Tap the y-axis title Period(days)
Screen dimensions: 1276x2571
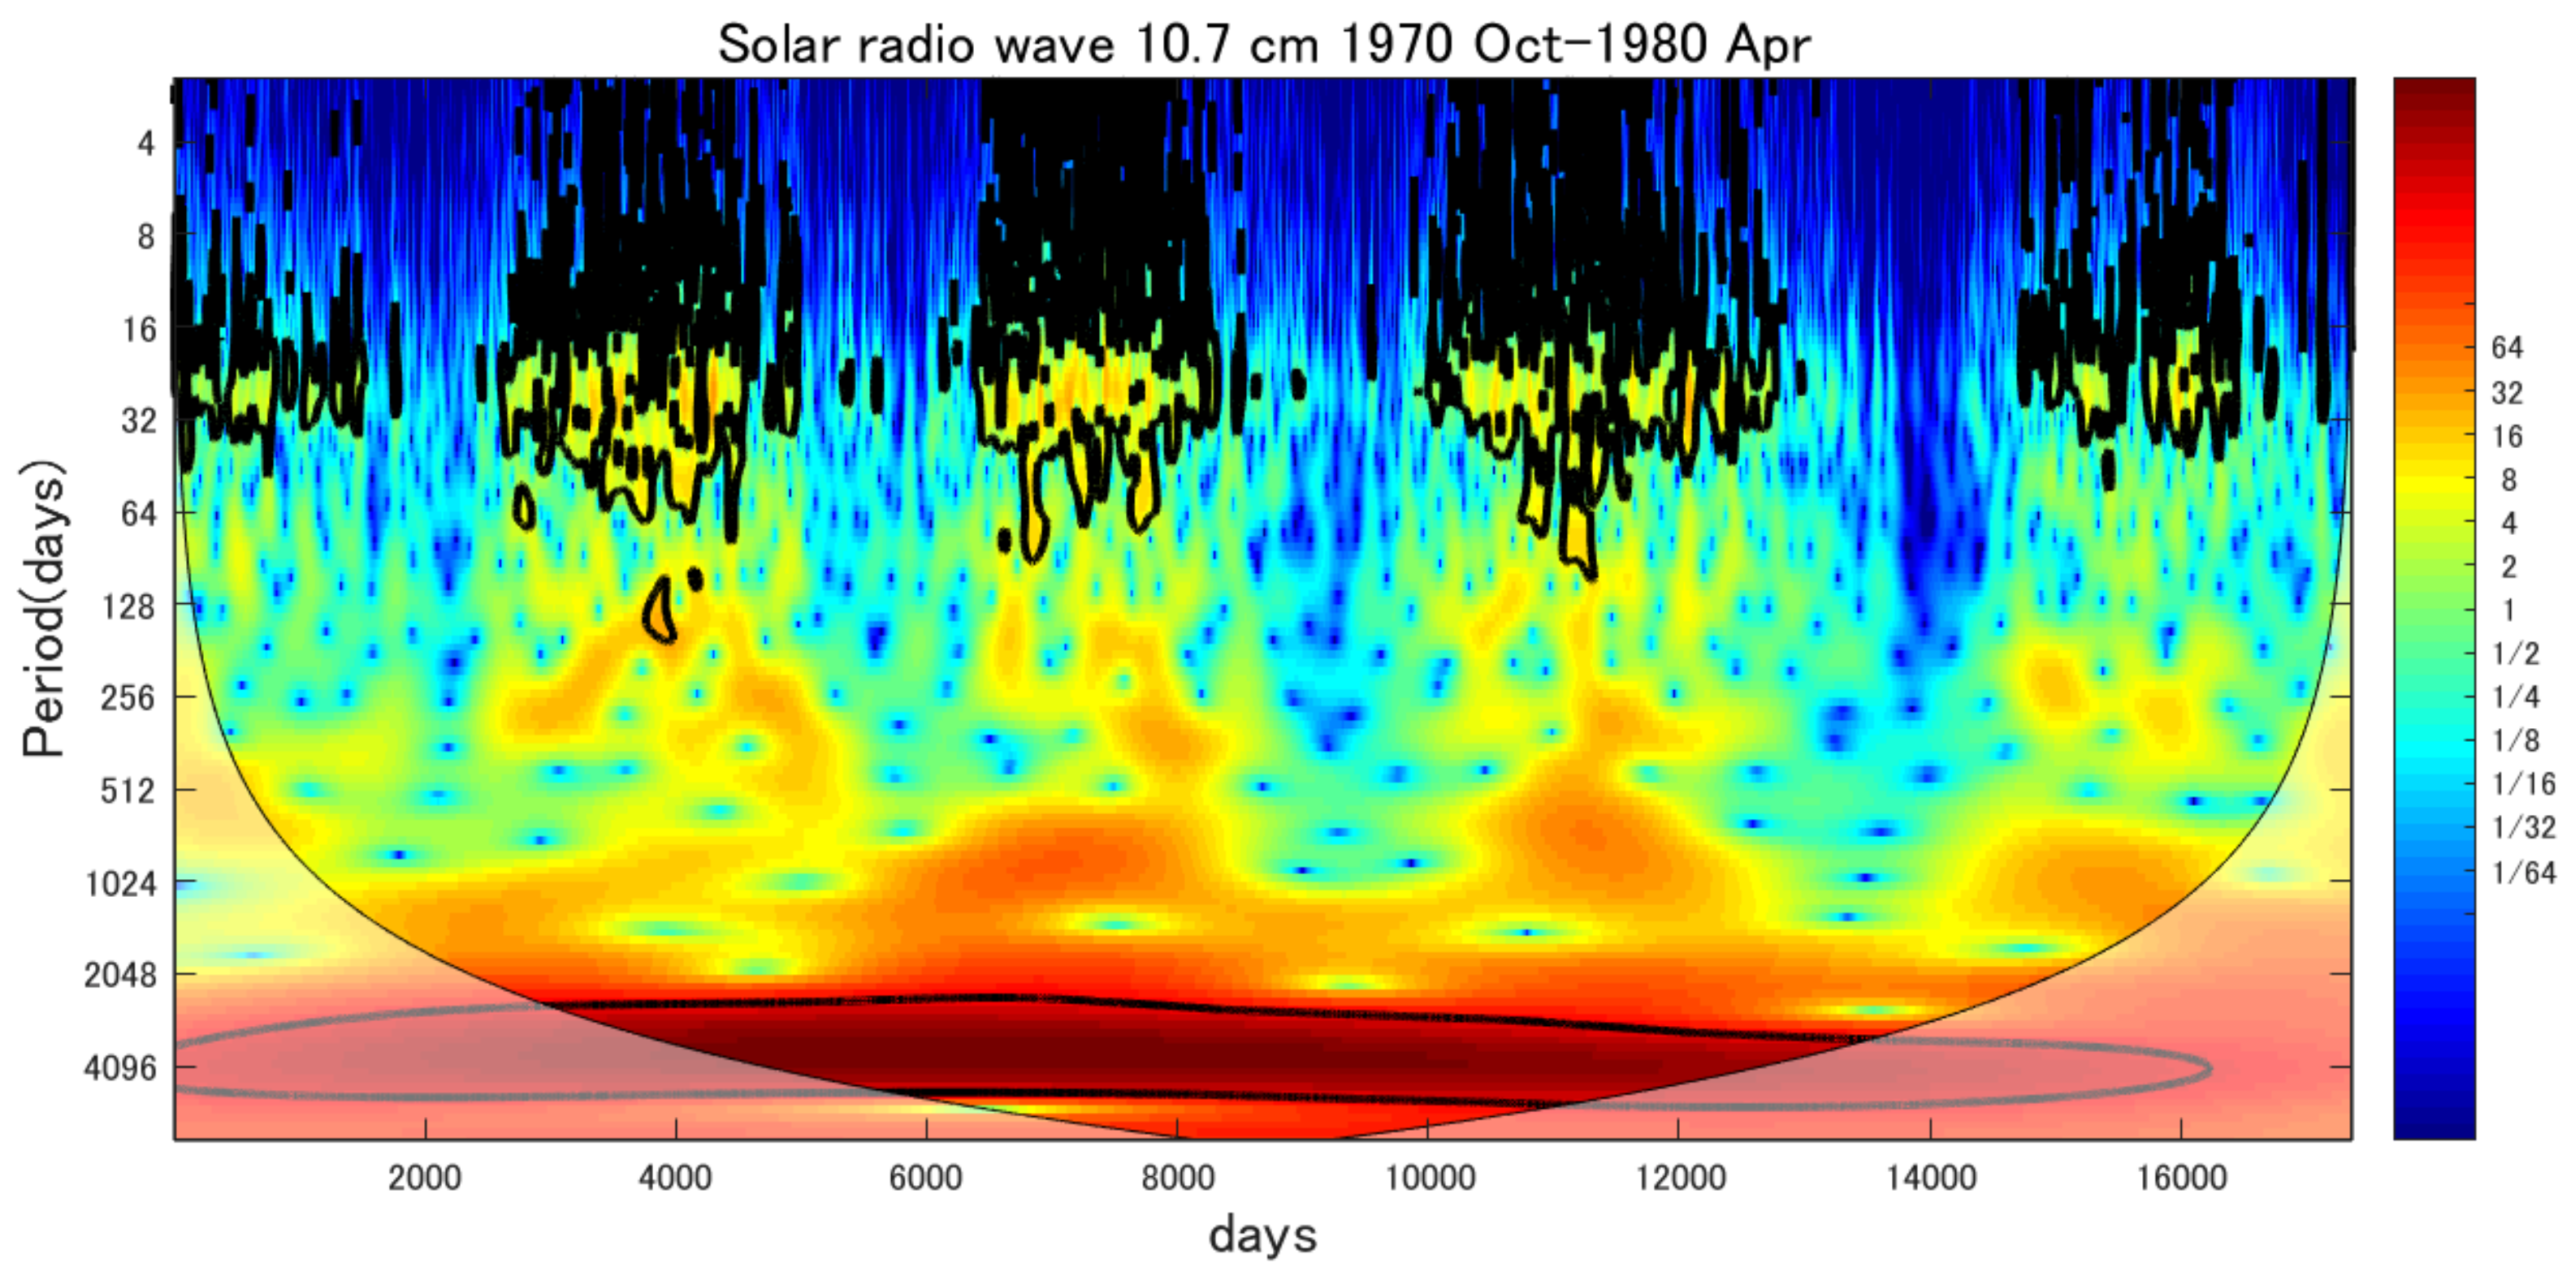pyautogui.click(x=45, y=609)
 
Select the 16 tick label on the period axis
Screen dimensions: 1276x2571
pyautogui.click(x=140, y=330)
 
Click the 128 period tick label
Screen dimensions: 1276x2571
pyautogui.click(x=130, y=606)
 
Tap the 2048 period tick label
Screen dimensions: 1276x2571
pyautogui.click(x=121, y=975)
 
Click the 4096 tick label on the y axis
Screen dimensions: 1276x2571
pyautogui.click(x=121, y=1068)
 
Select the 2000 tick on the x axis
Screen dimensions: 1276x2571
pyautogui.click(x=425, y=1179)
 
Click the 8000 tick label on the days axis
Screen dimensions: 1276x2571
pyautogui.click(x=1178, y=1179)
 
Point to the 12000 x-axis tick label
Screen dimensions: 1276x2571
pyautogui.click(x=1680, y=1179)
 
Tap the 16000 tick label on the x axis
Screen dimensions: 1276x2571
pyautogui.click(x=2182, y=1179)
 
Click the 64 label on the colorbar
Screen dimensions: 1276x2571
pyautogui.click(x=2507, y=348)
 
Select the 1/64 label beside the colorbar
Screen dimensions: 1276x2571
pyautogui.click(x=2524, y=873)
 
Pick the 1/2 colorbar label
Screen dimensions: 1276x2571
pyautogui.click(x=2516, y=653)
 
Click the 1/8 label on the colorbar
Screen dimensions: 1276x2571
pyautogui.click(x=2516, y=740)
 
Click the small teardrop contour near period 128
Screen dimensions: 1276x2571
pyautogui.click(x=660, y=610)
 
